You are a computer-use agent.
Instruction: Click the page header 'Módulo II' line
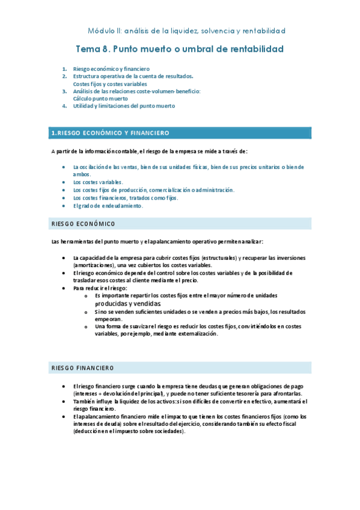186,30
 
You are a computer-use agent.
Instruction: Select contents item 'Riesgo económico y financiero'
111,69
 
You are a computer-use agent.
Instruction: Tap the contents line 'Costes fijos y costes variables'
110,84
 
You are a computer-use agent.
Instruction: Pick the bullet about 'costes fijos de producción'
153,189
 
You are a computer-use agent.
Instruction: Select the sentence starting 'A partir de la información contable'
149,150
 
